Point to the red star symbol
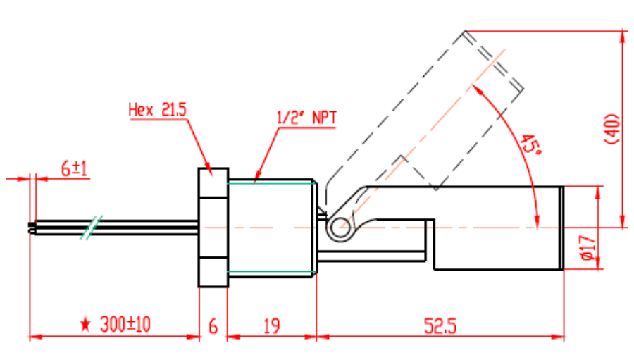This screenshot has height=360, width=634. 86,325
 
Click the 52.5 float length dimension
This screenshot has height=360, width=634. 440,325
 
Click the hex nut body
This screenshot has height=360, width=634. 213,227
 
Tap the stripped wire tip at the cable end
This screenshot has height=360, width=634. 30,228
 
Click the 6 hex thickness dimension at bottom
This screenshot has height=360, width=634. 213,325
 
